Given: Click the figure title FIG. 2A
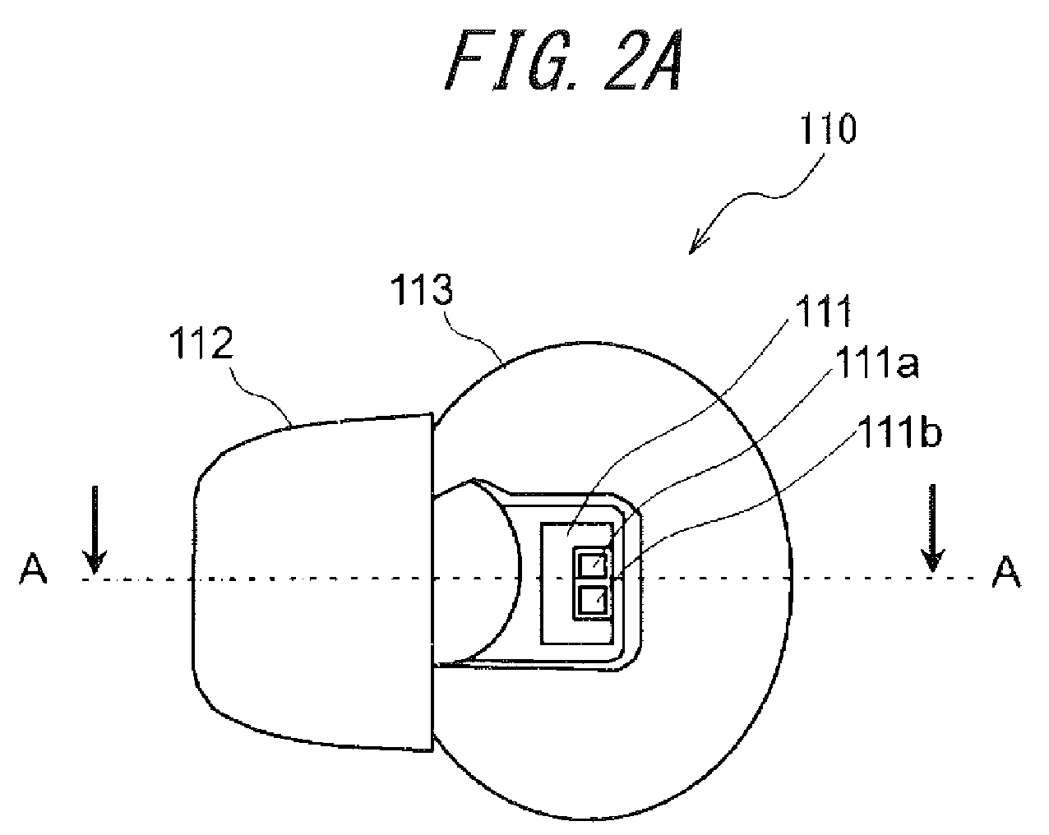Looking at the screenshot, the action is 563,60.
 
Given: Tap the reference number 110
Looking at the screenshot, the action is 828,129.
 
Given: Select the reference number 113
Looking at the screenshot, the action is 422,289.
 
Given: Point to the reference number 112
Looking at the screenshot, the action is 201,344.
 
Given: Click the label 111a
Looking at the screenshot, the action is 877,362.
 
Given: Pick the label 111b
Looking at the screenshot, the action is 899,431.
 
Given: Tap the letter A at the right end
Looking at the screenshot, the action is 1006,573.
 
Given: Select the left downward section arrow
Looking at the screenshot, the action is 95,530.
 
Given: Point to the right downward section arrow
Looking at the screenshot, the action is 932,528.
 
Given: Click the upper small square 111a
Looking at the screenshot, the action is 592,565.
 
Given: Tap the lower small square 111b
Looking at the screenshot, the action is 592,600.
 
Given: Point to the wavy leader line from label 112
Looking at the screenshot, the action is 261,393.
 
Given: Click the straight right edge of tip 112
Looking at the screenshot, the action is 432,582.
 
